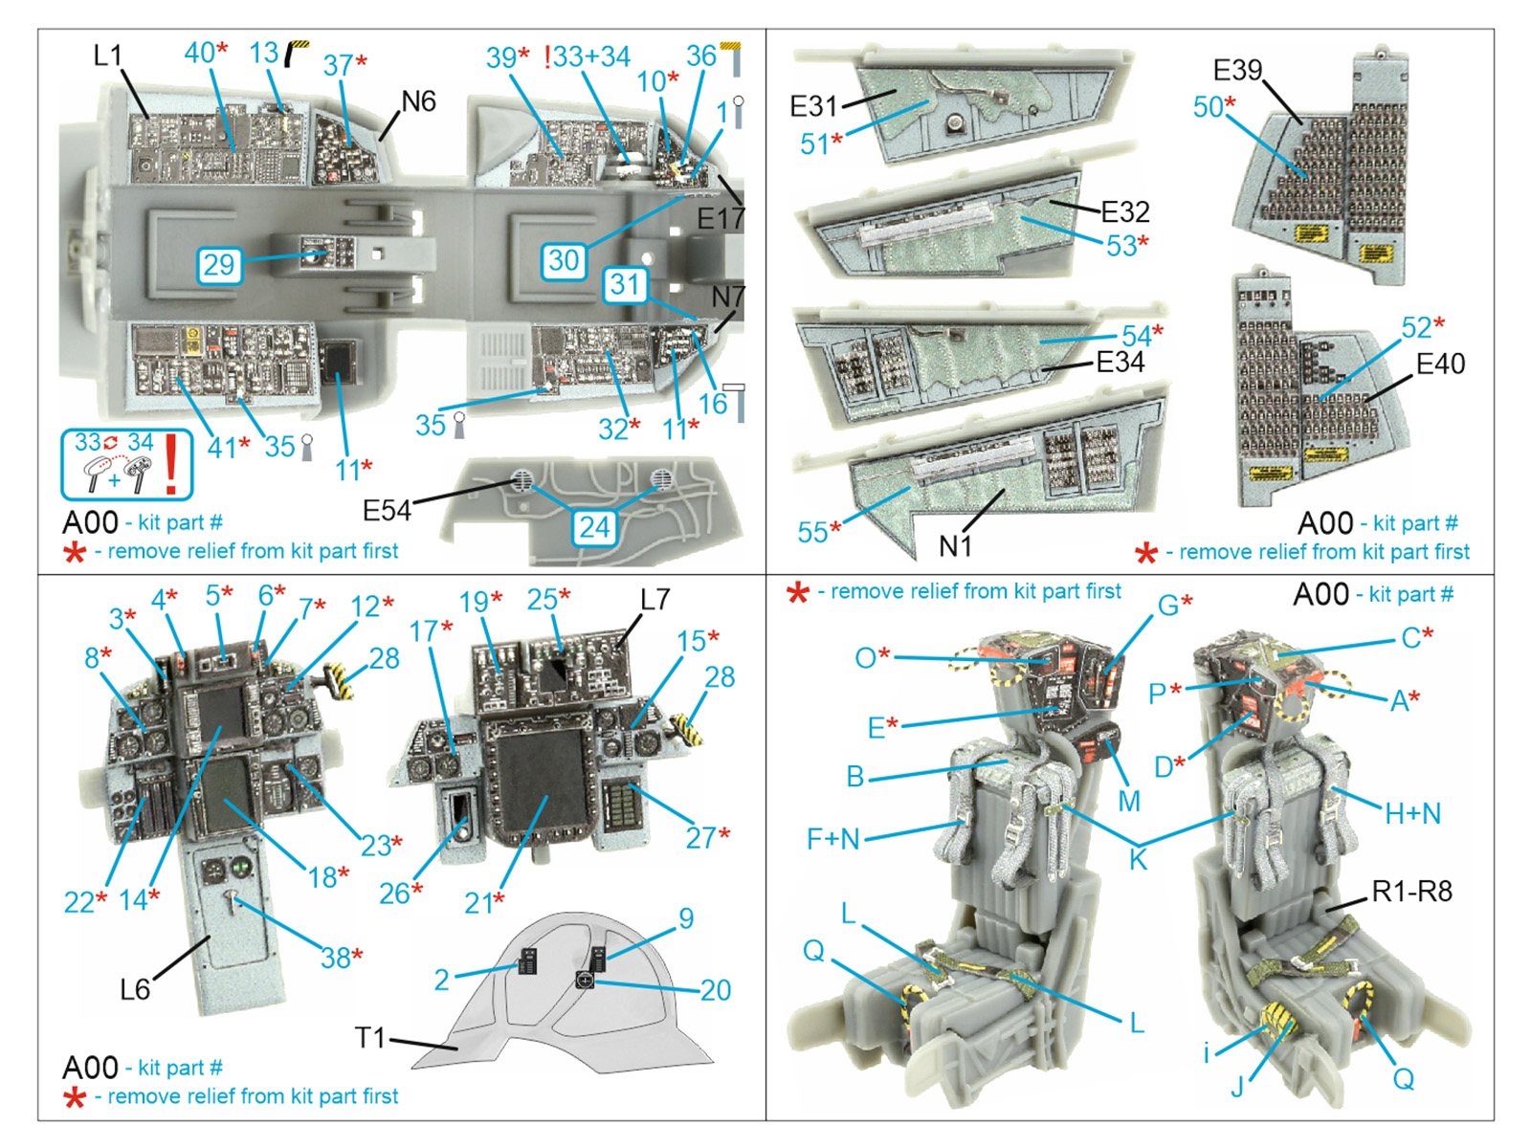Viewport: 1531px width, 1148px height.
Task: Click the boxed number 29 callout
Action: (x=219, y=265)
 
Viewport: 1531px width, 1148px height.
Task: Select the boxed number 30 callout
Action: (x=564, y=260)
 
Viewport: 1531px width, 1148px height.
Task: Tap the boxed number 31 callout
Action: (x=625, y=285)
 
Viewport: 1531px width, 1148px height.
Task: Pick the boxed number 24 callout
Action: (x=594, y=527)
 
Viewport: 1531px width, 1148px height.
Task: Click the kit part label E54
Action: (x=387, y=512)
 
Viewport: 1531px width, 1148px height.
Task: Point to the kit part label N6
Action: (x=418, y=101)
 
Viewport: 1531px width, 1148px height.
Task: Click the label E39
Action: (x=1237, y=71)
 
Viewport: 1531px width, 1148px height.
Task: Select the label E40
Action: (x=1440, y=364)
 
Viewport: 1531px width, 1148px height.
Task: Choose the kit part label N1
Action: (x=955, y=546)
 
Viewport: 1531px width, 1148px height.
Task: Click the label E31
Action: (x=813, y=106)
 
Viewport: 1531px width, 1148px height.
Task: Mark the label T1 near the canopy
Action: (x=369, y=1038)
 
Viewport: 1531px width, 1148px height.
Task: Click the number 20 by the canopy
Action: (x=716, y=990)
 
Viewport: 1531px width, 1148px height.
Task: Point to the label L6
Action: (x=135, y=989)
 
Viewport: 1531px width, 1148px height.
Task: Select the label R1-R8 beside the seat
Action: (x=1411, y=892)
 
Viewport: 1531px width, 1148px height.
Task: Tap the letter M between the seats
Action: (x=1129, y=801)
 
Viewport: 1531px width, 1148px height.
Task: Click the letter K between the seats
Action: (x=1138, y=860)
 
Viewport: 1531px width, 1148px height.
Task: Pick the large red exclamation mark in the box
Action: (x=171, y=464)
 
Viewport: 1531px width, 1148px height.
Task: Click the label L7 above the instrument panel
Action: (x=655, y=600)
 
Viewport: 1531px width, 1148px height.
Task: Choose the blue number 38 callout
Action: (x=336, y=958)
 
